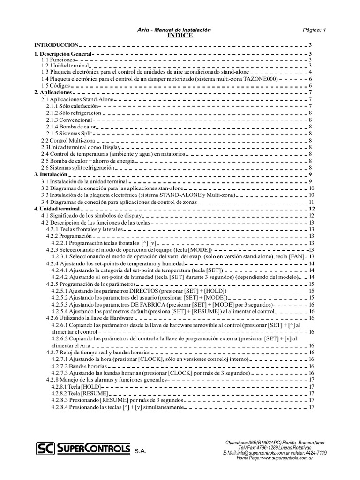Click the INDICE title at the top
point(180,36)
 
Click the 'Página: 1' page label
point(315,30)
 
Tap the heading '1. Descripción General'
point(63,54)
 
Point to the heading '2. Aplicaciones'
point(53,93)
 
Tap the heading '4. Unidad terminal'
point(58,208)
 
